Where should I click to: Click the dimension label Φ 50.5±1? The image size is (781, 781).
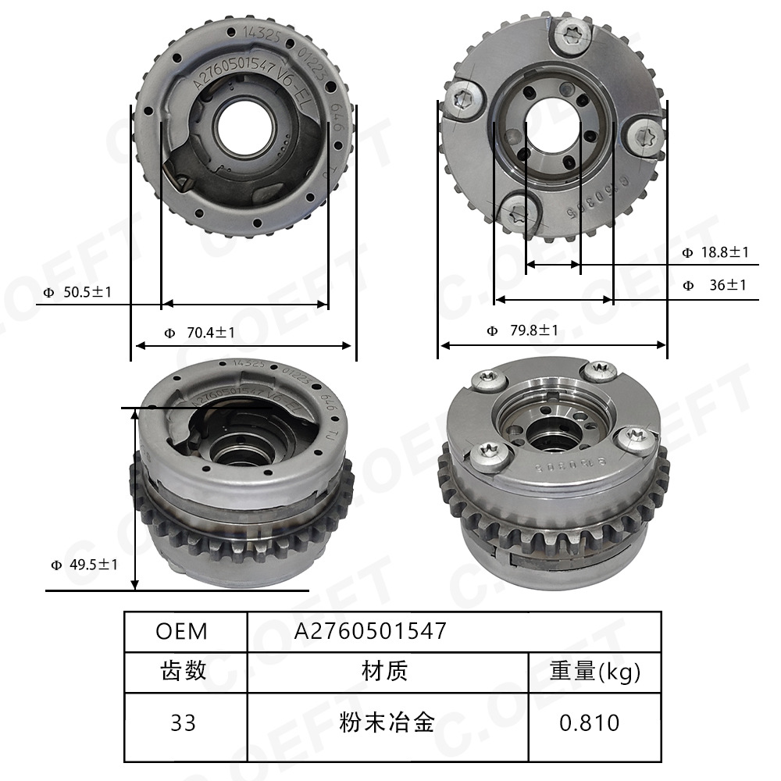[x=77, y=292]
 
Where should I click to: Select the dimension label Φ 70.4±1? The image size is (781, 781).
[x=199, y=333]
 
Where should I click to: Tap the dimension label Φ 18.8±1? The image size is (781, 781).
[x=715, y=252]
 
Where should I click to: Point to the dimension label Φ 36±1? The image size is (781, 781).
[x=715, y=285]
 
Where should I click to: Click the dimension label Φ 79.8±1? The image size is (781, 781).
[x=522, y=330]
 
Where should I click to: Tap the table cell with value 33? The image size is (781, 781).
[x=185, y=722]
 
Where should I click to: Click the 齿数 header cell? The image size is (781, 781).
[x=185, y=671]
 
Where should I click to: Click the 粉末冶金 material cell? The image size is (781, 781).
[x=387, y=722]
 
